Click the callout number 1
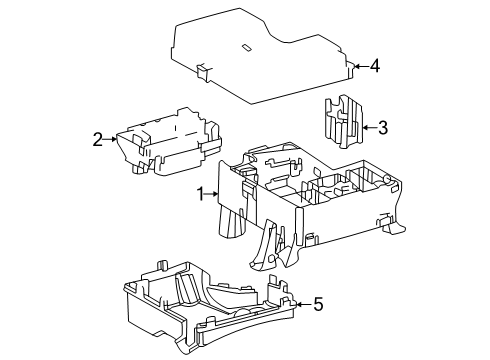tap(200, 194)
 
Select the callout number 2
tap(97, 139)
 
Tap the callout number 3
tap(383, 128)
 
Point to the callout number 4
tap(375, 66)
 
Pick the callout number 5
tap(319, 304)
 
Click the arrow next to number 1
tap(211, 194)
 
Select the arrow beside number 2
tap(110, 139)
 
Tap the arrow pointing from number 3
tap(370, 127)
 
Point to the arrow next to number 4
tap(361, 66)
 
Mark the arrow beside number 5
tap(304, 304)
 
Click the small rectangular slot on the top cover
tap(246, 48)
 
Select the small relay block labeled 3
tap(343, 122)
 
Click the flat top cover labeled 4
tap(260, 57)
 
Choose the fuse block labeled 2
tap(169, 142)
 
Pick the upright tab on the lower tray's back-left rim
tap(162, 265)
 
